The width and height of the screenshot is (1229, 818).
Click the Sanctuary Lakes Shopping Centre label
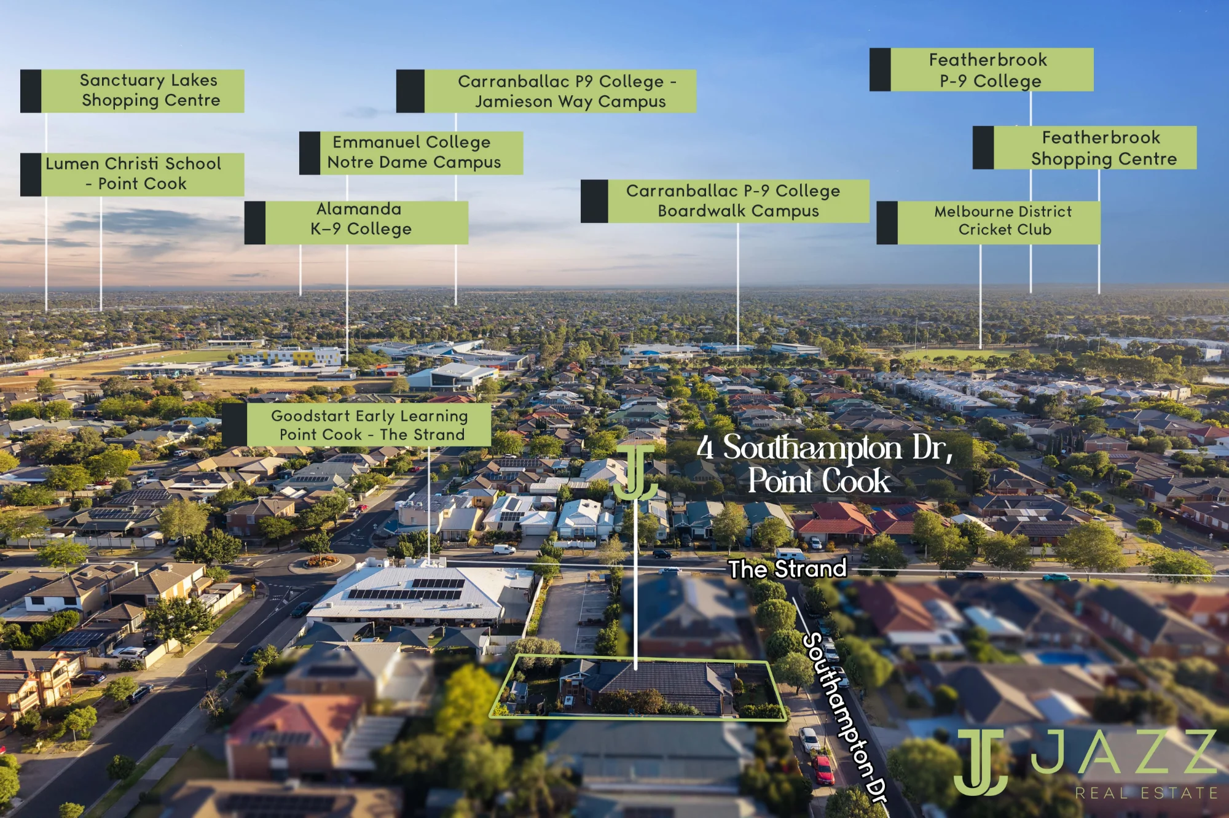[x=132, y=91]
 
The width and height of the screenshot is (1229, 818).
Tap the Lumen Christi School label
[x=132, y=174]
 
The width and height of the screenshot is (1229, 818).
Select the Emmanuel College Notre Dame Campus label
[x=411, y=153]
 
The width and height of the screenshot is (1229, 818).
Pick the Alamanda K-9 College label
[x=356, y=222]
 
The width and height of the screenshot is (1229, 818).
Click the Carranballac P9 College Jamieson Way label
[x=546, y=91]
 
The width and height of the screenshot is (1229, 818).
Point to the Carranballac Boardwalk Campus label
[x=725, y=201]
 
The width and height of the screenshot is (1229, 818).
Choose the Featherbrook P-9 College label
[x=981, y=69]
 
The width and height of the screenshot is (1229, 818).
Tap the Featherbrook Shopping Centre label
[x=1085, y=147]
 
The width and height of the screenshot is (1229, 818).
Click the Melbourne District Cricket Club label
[x=988, y=222]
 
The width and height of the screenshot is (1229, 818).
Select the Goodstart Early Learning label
[x=357, y=424]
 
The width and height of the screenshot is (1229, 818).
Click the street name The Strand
[x=788, y=569]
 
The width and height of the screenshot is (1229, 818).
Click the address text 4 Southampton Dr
[x=825, y=448]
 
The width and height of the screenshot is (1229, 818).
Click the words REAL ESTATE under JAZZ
[x=1146, y=793]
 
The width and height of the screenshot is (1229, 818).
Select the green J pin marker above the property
[x=635, y=472]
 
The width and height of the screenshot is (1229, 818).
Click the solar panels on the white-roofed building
[x=406, y=588]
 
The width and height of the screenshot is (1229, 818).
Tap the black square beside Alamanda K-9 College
[x=255, y=222]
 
